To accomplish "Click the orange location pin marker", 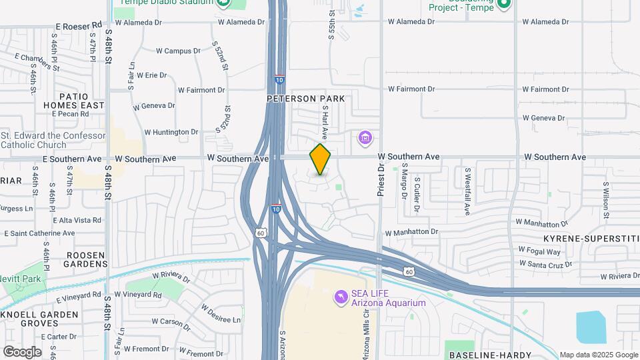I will coord(320,159).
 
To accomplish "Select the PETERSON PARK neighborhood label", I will coord(306,99).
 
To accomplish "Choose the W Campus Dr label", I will coord(178,51).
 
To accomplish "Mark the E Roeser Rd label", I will coord(79,25).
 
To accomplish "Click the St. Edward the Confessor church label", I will coord(53,140).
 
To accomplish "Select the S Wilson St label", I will coord(606,200).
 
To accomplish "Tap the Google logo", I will coord(22,352).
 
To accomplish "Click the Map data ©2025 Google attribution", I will coord(599,355).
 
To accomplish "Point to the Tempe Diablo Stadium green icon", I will coord(223,3).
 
